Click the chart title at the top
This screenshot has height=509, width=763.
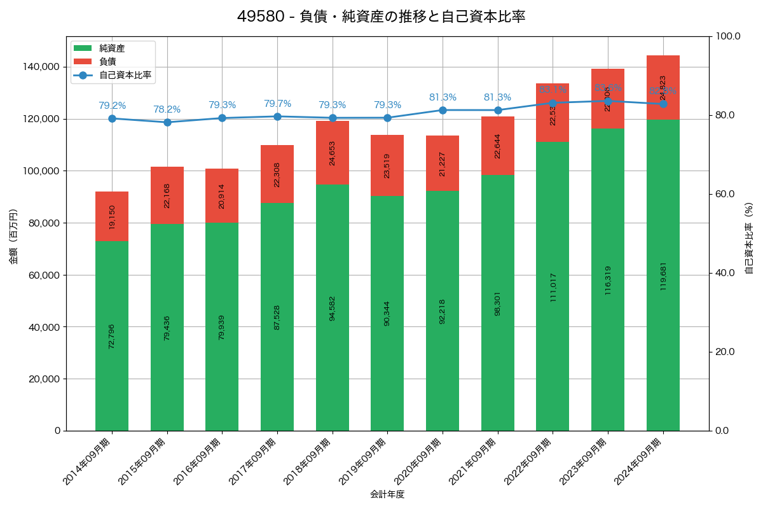coord(381,17)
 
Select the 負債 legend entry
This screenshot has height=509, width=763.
coord(107,62)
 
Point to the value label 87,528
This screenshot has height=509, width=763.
coord(277,317)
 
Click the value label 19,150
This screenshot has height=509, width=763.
coord(112,216)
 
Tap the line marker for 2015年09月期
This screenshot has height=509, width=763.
coord(167,122)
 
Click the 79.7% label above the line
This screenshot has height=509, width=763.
coord(277,104)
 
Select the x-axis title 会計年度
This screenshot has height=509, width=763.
coord(387,494)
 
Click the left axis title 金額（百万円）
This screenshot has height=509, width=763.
coord(13,237)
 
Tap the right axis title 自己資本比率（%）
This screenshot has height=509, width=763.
coord(749,238)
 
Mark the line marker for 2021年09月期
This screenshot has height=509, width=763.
coord(498,110)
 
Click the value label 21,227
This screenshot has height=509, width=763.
coord(443,163)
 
